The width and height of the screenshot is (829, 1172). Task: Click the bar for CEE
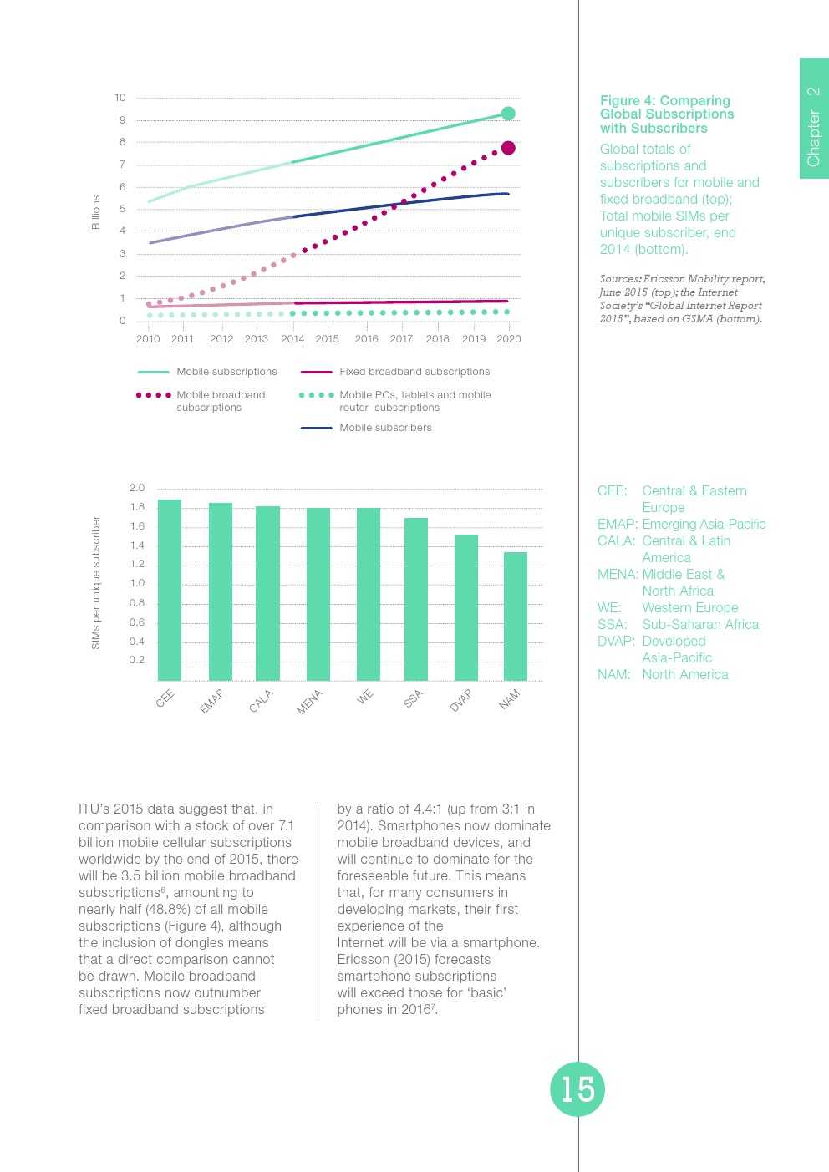[170, 590]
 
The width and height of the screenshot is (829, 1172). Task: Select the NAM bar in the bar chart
[516, 616]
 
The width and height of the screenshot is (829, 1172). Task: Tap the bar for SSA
[416, 599]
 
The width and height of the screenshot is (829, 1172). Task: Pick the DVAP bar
[466, 607]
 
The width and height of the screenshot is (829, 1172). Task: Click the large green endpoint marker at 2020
[508, 114]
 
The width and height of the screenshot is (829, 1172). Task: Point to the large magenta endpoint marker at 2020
[508, 148]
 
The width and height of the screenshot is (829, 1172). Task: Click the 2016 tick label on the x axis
[366, 339]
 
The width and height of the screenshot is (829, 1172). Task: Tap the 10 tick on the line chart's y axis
[120, 98]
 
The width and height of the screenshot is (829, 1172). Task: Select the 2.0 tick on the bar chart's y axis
[137, 488]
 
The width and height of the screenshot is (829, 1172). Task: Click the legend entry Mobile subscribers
[385, 428]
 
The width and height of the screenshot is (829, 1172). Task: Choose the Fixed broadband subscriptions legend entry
[414, 372]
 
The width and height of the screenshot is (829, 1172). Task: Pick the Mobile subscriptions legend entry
[226, 372]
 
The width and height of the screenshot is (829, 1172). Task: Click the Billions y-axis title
[96, 212]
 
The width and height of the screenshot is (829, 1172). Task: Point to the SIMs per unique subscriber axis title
[96, 583]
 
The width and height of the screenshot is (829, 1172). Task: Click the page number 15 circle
[577, 1089]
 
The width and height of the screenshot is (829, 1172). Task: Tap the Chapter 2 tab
[813, 125]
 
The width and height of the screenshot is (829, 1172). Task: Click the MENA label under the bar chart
[309, 703]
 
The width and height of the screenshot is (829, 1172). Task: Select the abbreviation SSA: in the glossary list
[613, 625]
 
